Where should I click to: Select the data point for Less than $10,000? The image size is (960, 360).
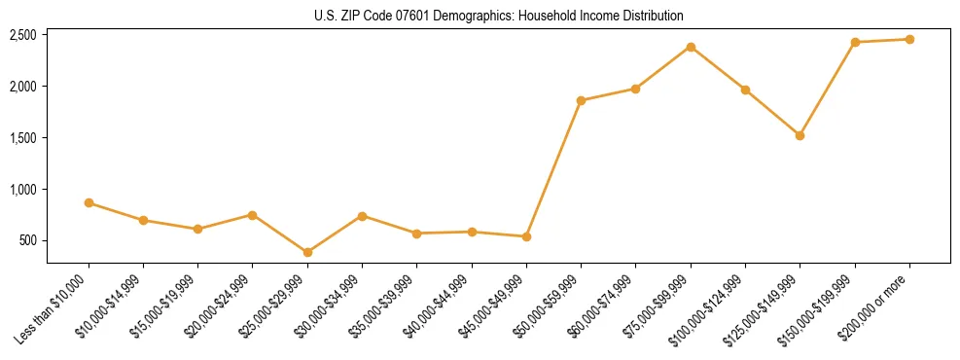pos(89,202)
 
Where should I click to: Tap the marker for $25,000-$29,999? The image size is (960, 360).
pos(307,252)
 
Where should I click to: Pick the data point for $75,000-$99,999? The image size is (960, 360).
pos(691,47)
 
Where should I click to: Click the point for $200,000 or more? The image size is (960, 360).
pos(909,39)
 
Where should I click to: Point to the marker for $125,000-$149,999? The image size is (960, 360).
pos(800,135)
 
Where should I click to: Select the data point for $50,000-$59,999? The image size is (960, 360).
pos(581,100)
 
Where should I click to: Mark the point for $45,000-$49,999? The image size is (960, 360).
pos(526,236)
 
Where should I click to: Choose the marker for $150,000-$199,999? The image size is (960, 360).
pos(855,42)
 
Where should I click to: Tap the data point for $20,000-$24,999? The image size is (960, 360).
pos(253,215)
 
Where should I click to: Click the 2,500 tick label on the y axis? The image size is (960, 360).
pos(22,35)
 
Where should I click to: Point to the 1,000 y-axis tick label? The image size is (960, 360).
pos(22,189)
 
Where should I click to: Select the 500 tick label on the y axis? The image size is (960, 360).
pos(28,240)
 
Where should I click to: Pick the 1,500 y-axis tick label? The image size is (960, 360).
pos(22,138)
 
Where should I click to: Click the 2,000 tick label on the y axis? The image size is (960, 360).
pos(22,87)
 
